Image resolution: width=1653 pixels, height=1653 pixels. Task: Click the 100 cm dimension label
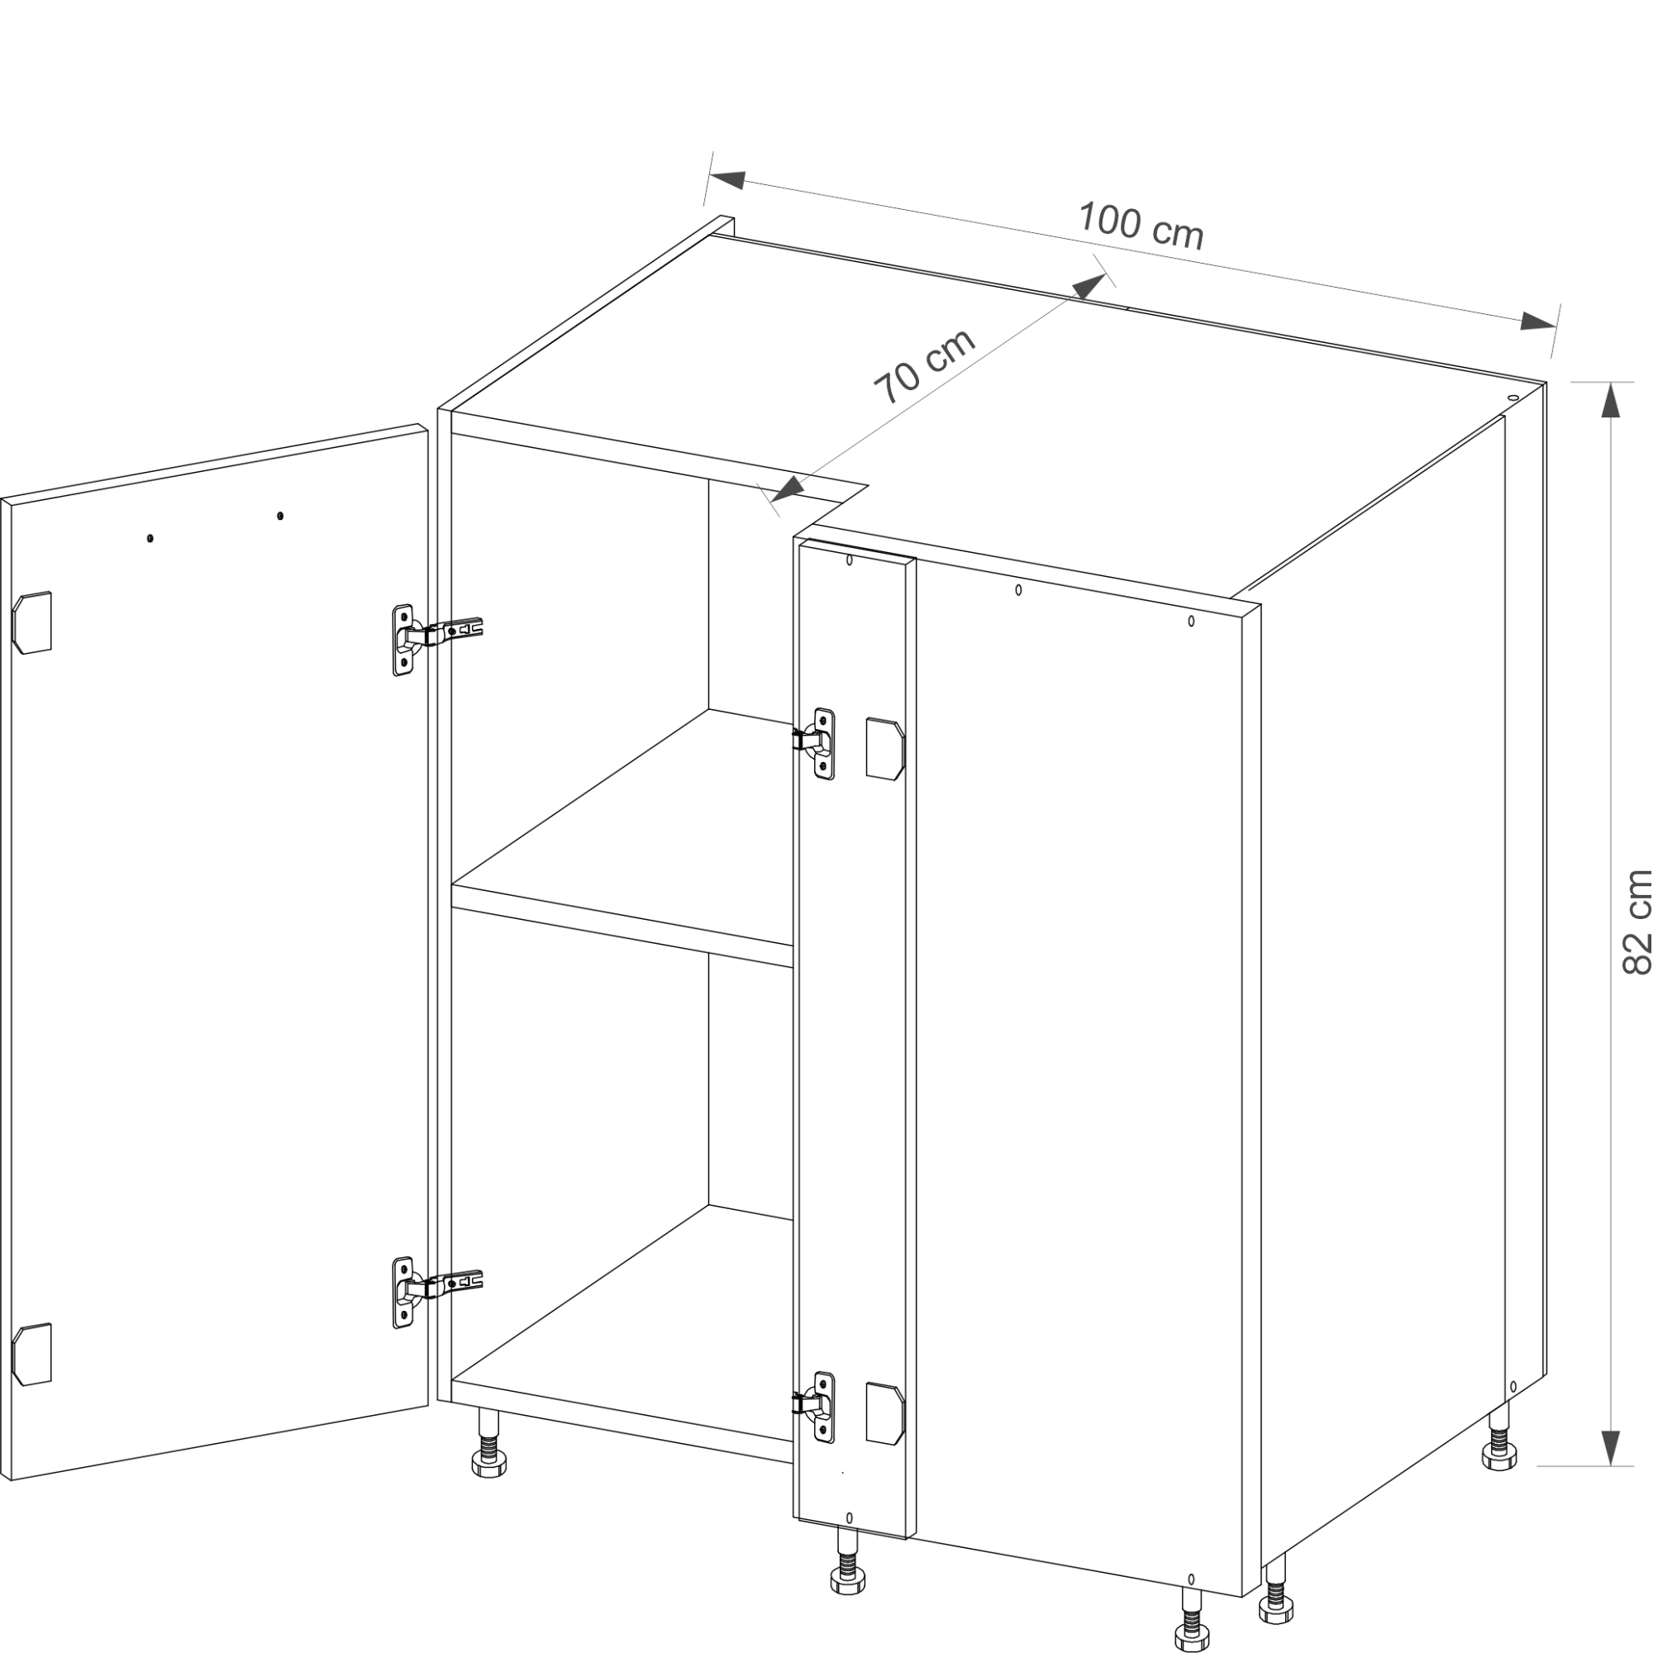point(1141,226)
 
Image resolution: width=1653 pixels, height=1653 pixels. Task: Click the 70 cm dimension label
point(924,366)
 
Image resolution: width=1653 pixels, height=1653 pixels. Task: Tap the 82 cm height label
point(1636,922)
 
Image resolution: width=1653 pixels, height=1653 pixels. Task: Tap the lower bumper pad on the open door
point(31,1355)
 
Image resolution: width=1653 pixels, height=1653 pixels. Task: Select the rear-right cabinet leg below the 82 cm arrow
point(1500,1439)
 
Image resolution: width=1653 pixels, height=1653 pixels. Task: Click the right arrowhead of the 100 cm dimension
point(1537,322)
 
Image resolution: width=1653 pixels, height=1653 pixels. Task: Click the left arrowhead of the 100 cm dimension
point(726,180)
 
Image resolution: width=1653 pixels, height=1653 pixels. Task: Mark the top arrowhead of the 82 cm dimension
point(1610,399)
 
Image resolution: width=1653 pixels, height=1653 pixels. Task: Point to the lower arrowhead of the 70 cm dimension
point(787,488)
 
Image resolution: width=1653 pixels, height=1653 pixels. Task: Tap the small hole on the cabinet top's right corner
point(1512,398)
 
